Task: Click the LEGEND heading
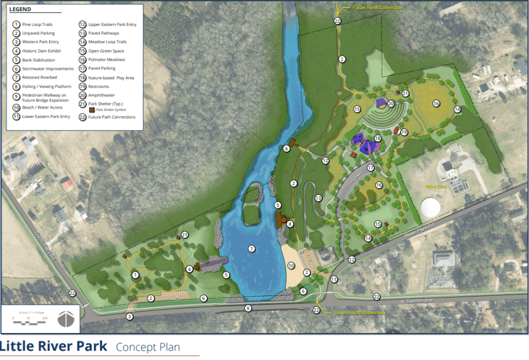point(21,10)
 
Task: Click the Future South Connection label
point(360,313)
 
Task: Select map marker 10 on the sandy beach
point(291,265)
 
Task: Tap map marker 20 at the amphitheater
point(391,104)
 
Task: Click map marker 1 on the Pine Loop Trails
point(135,275)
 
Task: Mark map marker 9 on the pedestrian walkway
point(248,308)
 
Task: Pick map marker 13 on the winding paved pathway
point(318,197)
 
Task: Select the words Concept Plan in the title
point(148,347)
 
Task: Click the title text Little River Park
point(53,347)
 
